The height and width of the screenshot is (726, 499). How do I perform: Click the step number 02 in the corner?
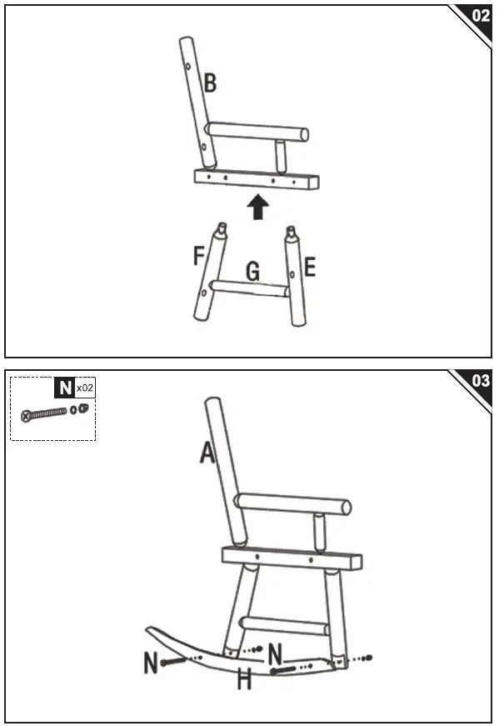coord(481,15)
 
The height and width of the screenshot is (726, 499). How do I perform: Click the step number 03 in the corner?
coord(481,381)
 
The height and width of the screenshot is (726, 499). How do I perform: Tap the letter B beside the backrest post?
coord(210,83)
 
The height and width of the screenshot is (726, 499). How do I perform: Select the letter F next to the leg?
coord(199,255)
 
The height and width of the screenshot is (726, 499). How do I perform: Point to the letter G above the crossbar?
coord(252,271)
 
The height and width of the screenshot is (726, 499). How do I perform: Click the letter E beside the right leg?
coord(310,267)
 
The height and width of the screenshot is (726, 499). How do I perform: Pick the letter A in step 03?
coord(207,452)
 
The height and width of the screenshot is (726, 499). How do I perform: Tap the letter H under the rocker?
coord(244,679)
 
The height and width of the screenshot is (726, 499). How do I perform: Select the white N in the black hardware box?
coord(64,388)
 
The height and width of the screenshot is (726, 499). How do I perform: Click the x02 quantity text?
coord(84,388)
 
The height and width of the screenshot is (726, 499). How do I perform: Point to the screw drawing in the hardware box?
coord(46,412)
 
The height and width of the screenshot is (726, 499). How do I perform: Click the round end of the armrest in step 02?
coord(303,133)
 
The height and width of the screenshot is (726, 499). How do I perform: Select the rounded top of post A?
coord(213,406)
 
